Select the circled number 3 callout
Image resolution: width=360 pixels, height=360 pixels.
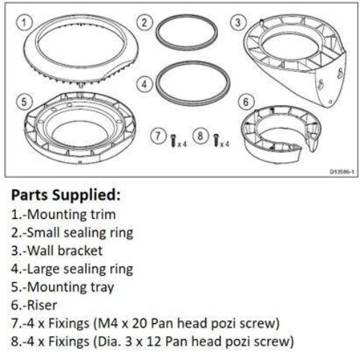point(235,22)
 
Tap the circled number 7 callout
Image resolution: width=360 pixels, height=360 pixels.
point(156,135)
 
